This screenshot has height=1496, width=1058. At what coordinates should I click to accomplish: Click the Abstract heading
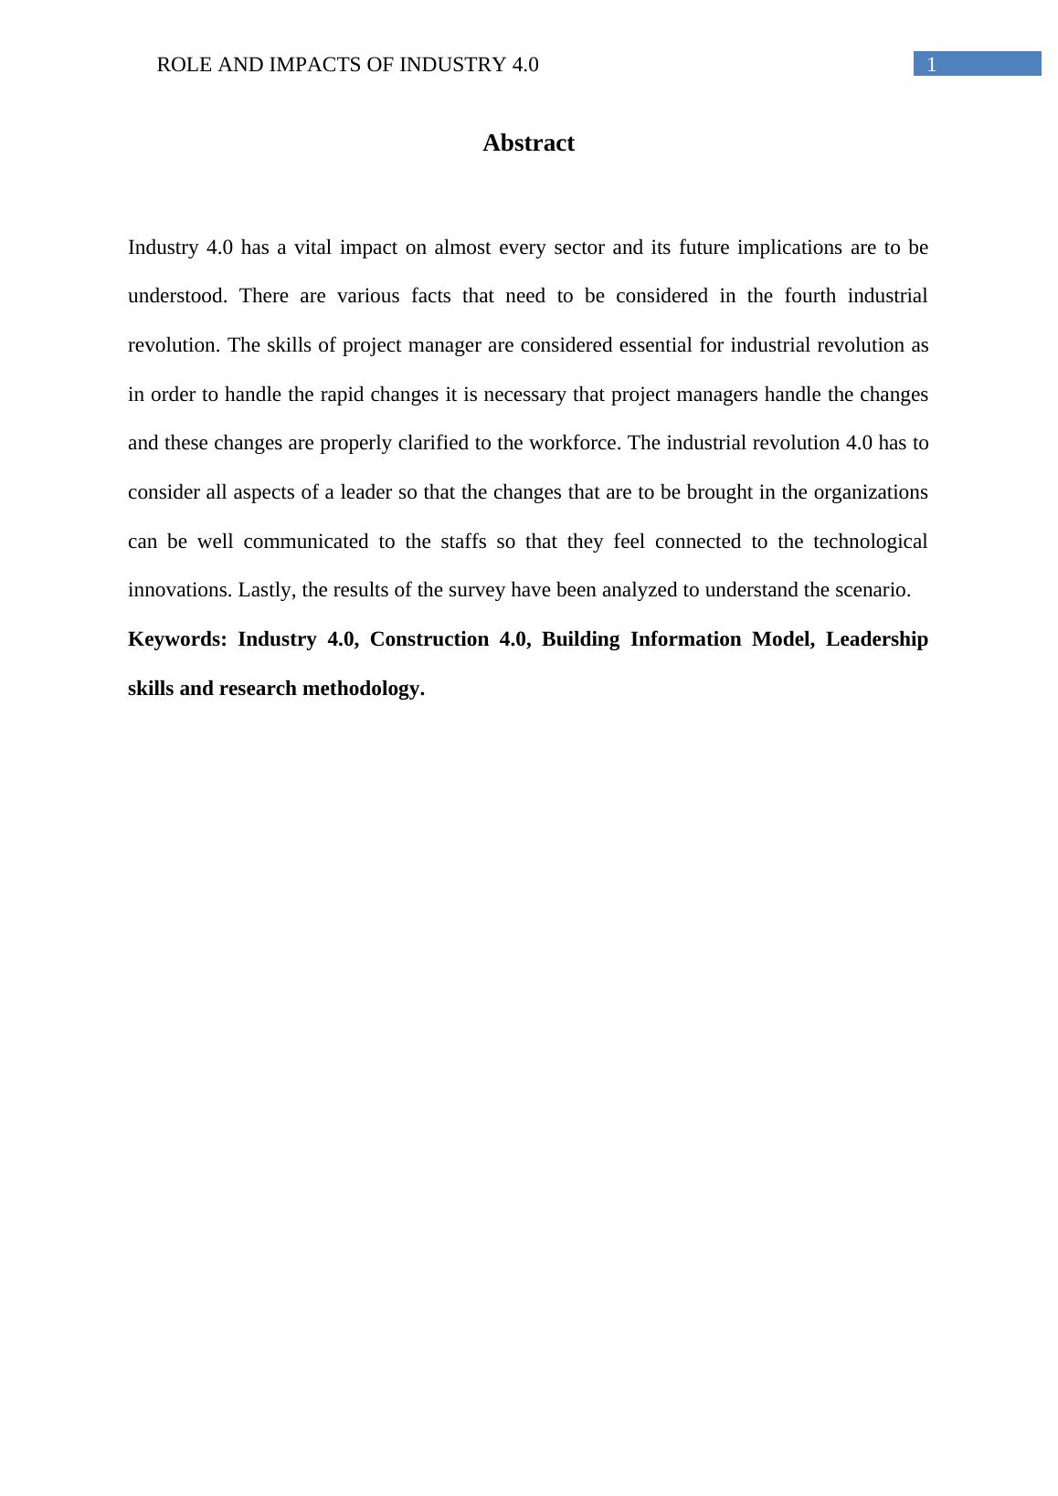[x=528, y=143]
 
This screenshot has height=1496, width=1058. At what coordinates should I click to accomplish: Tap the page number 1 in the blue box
[x=932, y=65]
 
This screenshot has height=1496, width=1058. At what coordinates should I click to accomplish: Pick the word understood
[x=177, y=296]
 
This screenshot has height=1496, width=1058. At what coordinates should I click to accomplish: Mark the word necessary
[x=524, y=395]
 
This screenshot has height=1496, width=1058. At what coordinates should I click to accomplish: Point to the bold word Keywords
[x=177, y=639]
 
